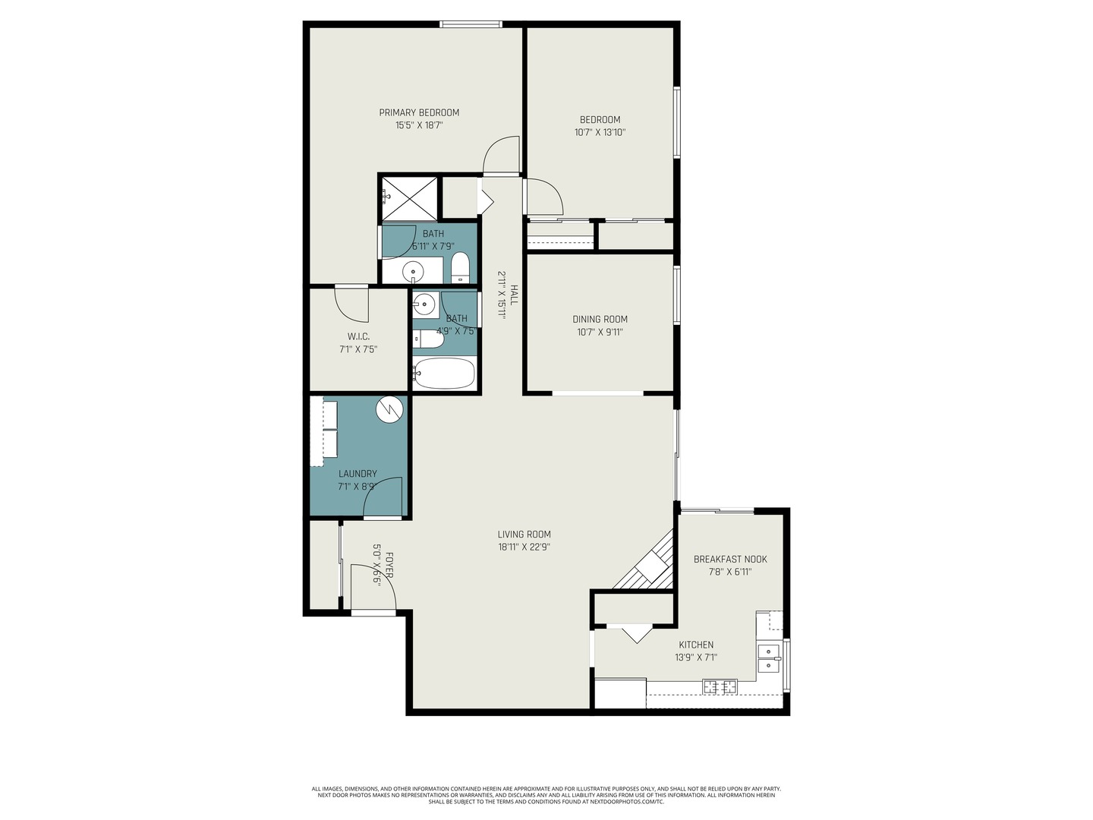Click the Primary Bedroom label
pyautogui.click(x=419, y=112)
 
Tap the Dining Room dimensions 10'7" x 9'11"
pyautogui.click(x=600, y=332)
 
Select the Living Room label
pyautogui.click(x=524, y=534)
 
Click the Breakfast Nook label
pyautogui.click(x=730, y=559)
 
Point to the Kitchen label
pyautogui.click(x=696, y=645)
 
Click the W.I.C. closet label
pyautogui.click(x=358, y=336)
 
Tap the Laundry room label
pyautogui.click(x=358, y=474)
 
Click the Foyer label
pyautogui.click(x=389, y=566)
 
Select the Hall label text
pyautogui.click(x=514, y=295)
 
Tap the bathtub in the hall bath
pyautogui.click(x=445, y=374)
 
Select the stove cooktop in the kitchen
pyautogui.click(x=720, y=686)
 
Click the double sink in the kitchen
pyautogui.click(x=768, y=658)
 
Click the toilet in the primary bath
pyautogui.click(x=460, y=268)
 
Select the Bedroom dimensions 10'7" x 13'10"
pyautogui.click(x=600, y=132)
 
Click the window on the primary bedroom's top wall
pyautogui.click(x=471, y=25)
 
